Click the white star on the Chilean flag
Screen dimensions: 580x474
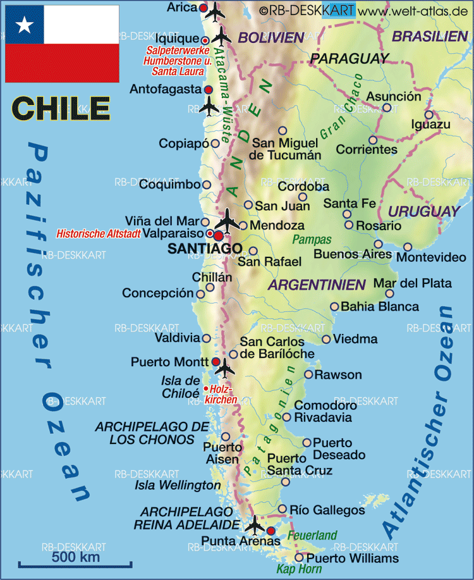25,25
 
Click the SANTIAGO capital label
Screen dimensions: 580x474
204,249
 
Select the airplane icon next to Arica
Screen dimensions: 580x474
216,10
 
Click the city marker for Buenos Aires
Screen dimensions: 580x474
378,244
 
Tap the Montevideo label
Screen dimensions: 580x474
431,257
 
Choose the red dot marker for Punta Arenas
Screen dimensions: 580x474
271,531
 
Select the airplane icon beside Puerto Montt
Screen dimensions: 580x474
224,366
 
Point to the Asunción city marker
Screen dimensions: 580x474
387,108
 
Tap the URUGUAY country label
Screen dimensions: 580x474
424,211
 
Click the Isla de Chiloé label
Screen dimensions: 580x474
180,386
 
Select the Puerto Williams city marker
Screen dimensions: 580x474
299,557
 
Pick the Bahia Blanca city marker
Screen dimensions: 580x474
334,307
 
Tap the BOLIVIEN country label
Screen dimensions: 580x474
272,37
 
